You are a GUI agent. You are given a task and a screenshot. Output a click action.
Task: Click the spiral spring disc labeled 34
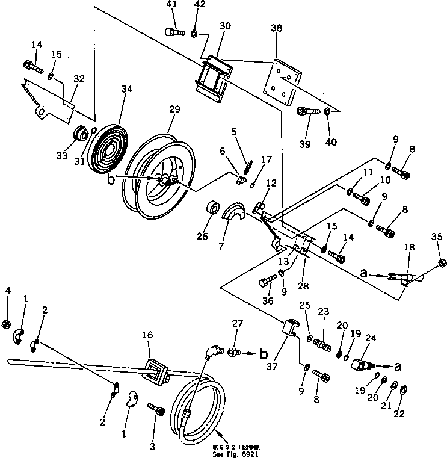pyautogui.click(x=109, y=149)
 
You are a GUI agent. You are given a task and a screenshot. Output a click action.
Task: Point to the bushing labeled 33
pyautogui.click(x=79, y=134)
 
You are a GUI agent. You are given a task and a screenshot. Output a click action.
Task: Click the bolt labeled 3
pyautogui.click(x=160, y=412)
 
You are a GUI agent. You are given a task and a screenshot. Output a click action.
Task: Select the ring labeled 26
pyautogui.click(x=212, y=208)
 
